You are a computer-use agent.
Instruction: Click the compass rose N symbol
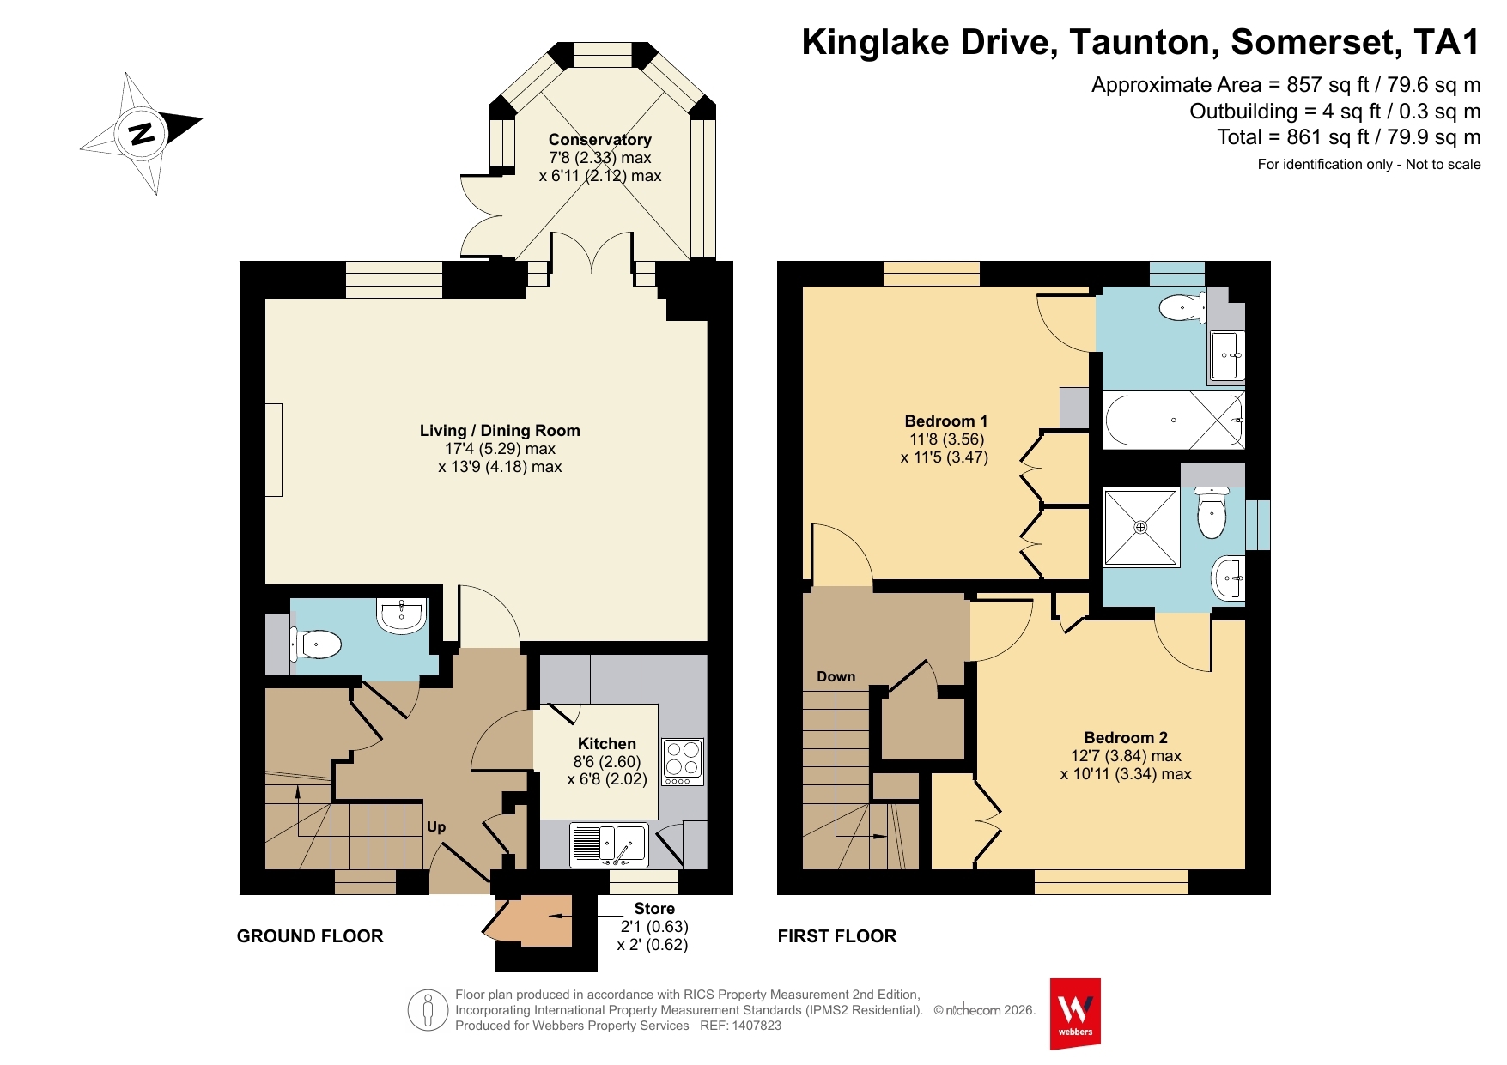(142, 133)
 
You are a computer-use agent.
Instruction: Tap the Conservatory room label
(600, 140)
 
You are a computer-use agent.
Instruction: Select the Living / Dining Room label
(500, 431)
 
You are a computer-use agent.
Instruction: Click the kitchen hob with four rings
(683, 761)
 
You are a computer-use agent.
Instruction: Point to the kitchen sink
(609, 845)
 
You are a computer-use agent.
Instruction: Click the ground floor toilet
(315, 644)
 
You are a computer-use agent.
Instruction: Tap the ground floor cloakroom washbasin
(402, 615)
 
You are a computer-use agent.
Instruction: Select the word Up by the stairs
(436, 827)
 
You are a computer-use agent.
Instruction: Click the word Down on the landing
(836, 676)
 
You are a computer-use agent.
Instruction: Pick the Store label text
(654, 909)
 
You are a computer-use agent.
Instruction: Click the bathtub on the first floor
(1173, 421)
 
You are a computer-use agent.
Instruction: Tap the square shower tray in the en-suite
(1141, 527)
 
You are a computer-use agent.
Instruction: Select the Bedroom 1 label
(946, 421)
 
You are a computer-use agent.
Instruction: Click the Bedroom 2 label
(1126, 738)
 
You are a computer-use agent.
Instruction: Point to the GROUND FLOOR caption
(310, 936)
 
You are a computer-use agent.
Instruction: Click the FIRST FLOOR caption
(837, 936)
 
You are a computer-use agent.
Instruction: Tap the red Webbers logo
(1075, 1014)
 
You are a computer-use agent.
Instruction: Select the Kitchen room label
(607, 744)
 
